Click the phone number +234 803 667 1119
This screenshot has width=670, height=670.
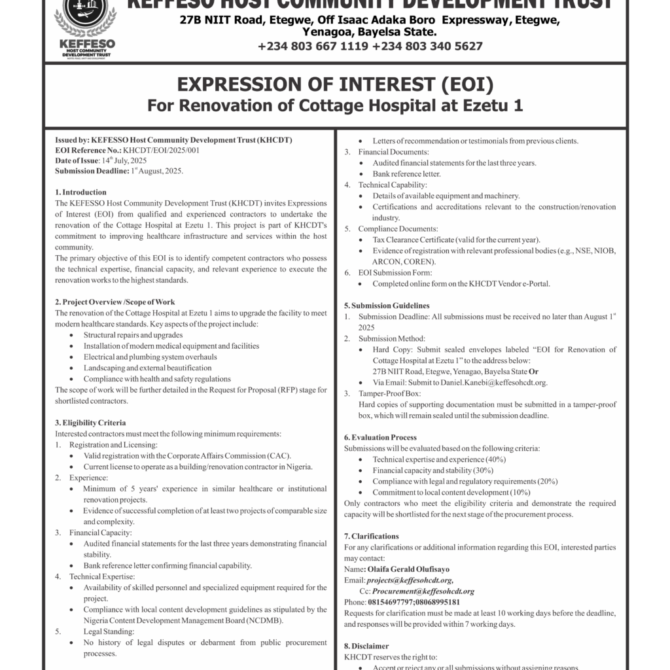point(313,46)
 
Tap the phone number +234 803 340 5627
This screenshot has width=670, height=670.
point(427,46)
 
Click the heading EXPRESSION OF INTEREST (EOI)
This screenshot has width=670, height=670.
point(335,85)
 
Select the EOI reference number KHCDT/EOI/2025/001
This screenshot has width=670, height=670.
point(156,150)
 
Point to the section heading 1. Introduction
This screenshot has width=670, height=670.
point(80,192)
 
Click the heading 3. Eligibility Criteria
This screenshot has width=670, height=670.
point(90,423)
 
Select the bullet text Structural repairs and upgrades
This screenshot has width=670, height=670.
point(133,334)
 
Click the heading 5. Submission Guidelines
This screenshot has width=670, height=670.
point(387,306)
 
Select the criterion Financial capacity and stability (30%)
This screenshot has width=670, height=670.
point(432,470)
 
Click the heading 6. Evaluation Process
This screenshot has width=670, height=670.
point(380,437)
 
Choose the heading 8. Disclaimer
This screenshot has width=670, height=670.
point(366,646)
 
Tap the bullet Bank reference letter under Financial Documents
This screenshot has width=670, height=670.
point(406,174)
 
